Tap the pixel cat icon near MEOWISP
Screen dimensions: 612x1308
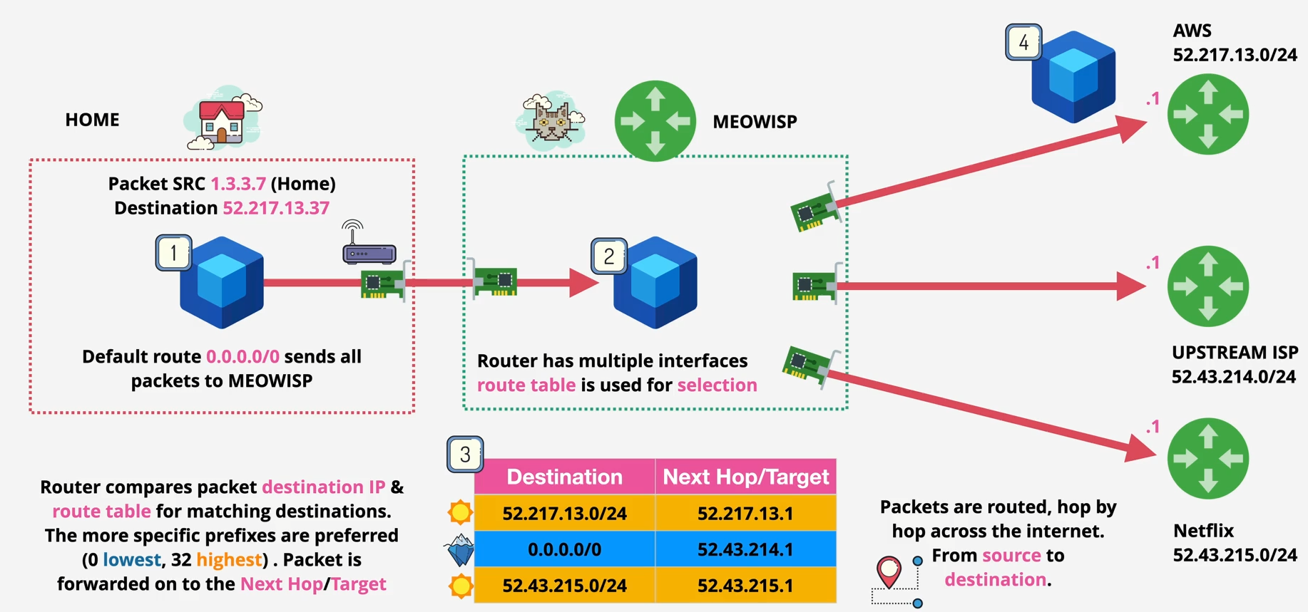pyautogui.click(x=551, y=120)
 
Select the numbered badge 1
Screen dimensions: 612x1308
pyautogui.click(x=173, y=253)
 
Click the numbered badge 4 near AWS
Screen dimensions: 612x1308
pyautogui.click(x=1023, y=43)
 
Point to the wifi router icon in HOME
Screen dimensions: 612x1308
pyautogui.click(x=368, y=246)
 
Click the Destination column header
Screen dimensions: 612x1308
pyautogui.click(x=564, y=477)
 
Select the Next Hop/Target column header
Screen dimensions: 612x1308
pyautogui.click(x=745, y=477)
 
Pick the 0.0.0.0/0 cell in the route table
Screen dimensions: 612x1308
pyautogui.click(x=564, y=549)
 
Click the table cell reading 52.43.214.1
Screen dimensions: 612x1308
pyautogui.click(x=745, y=549)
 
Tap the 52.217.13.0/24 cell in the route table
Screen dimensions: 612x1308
pyautogui.click(x=564, y=514)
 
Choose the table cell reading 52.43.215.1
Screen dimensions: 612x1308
pyautogui.click(x=745, y=586)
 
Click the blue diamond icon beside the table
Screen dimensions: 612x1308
pyautogui.click(x=460, y=549)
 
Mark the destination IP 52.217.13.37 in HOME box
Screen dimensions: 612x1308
pyautogui.click(x=276, y=208)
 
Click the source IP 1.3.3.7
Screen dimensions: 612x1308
pyautogui.click(x=238, y=184)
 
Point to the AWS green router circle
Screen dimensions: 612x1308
pyautogui.click(x=1207, y=114)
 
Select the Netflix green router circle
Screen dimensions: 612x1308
pyautogui.click(x=1207, y=458)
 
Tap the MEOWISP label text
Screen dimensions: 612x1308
pyautogui.click(x=755, y=122)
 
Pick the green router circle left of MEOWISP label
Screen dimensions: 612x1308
pyautogui.click(x=655, y=121)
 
